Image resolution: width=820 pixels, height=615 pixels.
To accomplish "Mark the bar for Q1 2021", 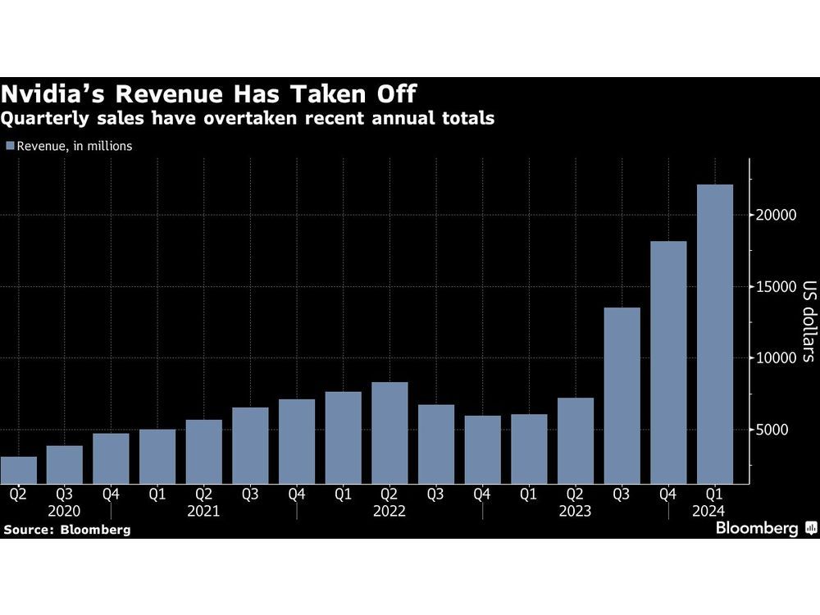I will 157,456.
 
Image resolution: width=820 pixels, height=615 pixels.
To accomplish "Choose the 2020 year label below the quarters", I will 65,510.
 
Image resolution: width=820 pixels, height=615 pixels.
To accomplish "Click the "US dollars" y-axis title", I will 807,322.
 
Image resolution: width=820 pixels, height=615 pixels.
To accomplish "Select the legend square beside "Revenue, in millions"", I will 9,146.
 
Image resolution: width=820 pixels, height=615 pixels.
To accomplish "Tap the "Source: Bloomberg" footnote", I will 67,530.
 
